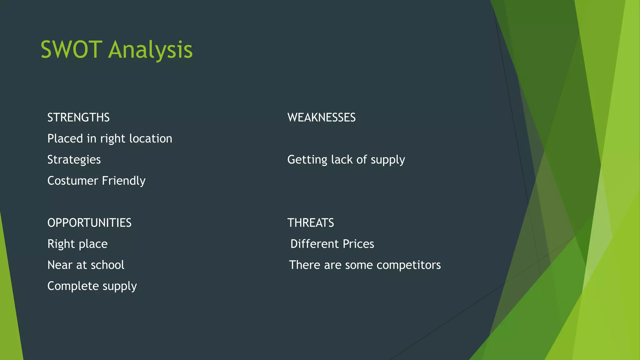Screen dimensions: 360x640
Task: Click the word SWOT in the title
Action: pyautogui.click(x=71, y=50)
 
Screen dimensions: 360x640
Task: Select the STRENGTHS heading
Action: pyautogui.click(x=78, y=118)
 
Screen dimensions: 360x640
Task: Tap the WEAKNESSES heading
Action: pyautogui.click(x=321, y=118)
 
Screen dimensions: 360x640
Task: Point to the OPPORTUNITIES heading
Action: pyautogui.click(x=89, y=223)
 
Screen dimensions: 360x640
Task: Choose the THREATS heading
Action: pyautogui.click(x=311, y=223)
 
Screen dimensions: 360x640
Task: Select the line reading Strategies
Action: pyautogui.click(x=74, y=160)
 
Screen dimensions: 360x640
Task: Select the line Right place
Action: pyautogui.click(x=77, y=244)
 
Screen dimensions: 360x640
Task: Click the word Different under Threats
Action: pyautogui.click(x=314, y=244)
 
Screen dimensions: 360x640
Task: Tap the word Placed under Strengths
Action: pyautogui.click(x=65, y=139)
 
